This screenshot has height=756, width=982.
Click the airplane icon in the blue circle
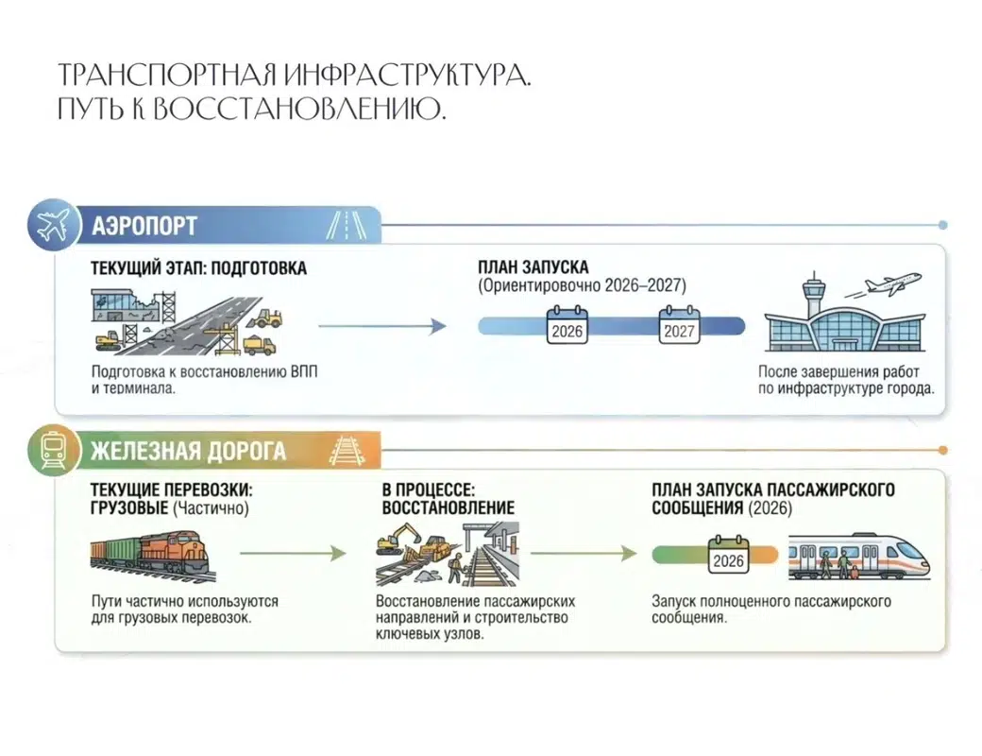coord(53,226)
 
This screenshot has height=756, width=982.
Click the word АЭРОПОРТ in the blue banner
coord(144,226)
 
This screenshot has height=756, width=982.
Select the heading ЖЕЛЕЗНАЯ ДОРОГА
coord(188,451)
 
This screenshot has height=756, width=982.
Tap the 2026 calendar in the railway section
coord(728,555)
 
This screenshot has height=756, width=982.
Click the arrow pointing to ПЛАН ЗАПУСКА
coord(381,326)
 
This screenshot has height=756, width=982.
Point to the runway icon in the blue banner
coord(347,226)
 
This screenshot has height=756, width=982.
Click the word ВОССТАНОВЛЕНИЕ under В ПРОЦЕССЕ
coord(448,507)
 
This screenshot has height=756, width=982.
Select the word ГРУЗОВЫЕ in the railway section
coord(129,507)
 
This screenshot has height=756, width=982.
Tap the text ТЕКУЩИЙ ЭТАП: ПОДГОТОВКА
coord(198,268)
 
